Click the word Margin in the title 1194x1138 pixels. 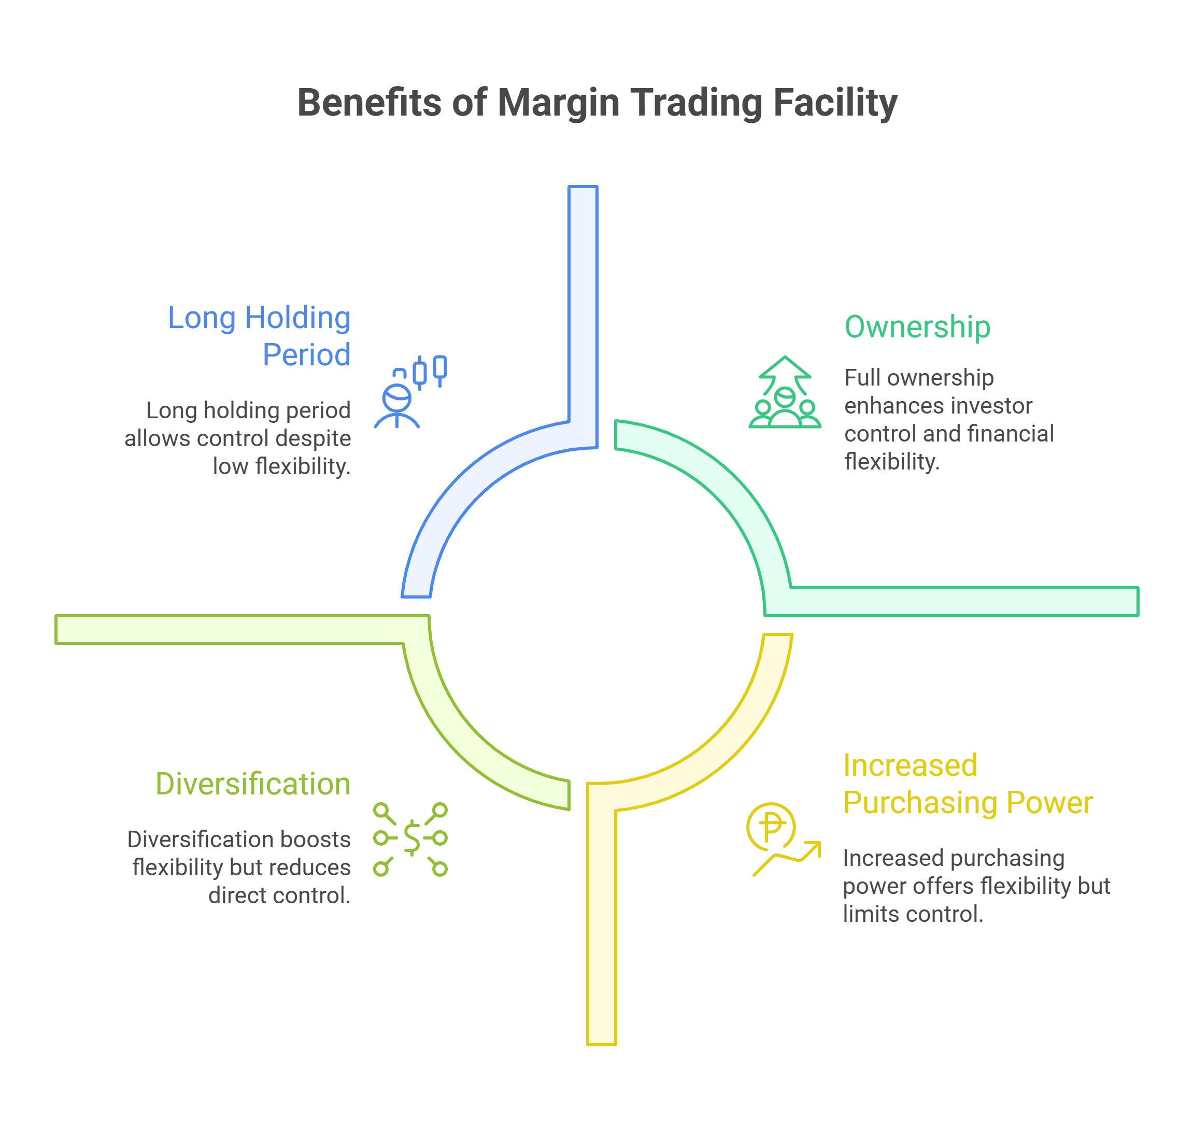(x=558, y=103)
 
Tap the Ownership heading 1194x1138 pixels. (x=917, y=327)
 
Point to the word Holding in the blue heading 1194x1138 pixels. (x=297, y=318)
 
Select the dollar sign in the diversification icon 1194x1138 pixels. (x=412, y=838)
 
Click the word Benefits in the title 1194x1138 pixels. (x=370, y=103)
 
